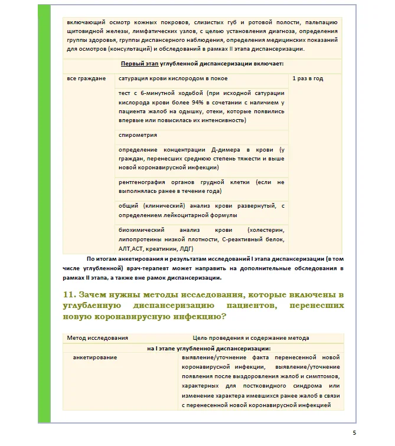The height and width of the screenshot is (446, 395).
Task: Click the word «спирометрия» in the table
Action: pos(133,135)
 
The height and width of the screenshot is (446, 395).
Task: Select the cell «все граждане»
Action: pos(86,78)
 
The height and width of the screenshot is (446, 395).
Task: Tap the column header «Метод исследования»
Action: pos(97,337)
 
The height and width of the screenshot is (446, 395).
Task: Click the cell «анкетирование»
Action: pos(94,358)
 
